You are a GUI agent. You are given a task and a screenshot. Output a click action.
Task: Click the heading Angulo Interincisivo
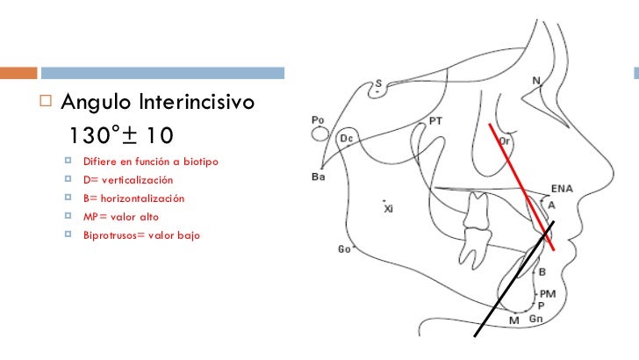pyautogui.click(x=158, y=104)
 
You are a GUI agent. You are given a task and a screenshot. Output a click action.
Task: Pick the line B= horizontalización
pyautogui.click(x=133, y=198)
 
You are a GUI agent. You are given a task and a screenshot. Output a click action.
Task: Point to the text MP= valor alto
pyautogui.click(x=121, y=216)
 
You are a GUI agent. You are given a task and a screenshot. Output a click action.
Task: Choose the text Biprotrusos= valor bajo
pyautogui.click(x=141, y=234)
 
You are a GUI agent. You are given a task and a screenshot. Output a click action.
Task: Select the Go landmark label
pyautogui.click(x=346, y=249)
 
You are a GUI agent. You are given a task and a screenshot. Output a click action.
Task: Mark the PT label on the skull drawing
pyautogui.click(x=434, y=120)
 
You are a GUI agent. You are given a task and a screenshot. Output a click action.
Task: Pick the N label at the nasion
pyautogui.click(x=535, y=81)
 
